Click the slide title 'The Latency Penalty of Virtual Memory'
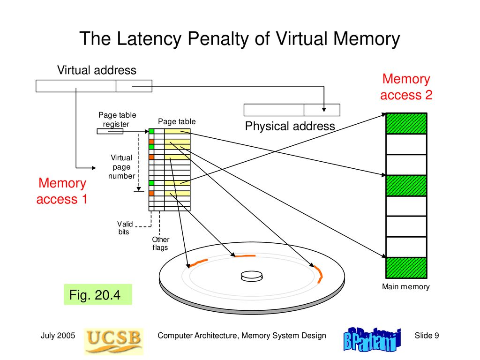240,39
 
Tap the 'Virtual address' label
97,70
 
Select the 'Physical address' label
290,126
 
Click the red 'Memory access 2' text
406,87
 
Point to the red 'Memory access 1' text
62,191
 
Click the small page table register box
110,131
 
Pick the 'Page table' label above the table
177,121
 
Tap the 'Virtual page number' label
121,167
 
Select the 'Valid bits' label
125,228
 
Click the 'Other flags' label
160,243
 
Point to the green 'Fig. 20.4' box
98,294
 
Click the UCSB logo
113,341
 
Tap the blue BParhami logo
372,340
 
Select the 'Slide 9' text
427,336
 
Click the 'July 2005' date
58,336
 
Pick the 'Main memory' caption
405,286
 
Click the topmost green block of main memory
406,123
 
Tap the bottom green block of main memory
406,268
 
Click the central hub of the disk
252,276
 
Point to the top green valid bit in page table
151,131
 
